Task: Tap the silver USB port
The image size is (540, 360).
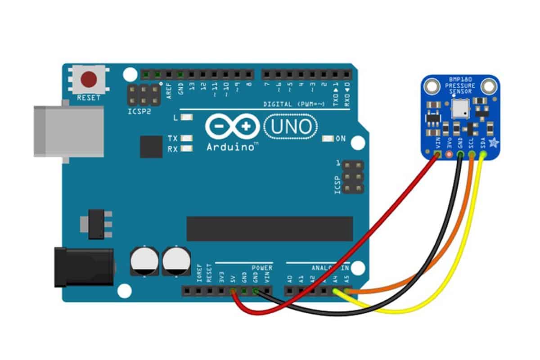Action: pyautogui.click(x=52, y=131)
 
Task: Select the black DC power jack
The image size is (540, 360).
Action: pyautogui.click(x=83, y=266)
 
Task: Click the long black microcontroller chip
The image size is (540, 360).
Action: pyautogui.click(x=270, y=228)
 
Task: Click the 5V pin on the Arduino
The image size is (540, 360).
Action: pyautogui.click(x=233, y=292)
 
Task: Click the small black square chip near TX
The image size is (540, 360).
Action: pyautogui.click(x=151, y=146)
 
